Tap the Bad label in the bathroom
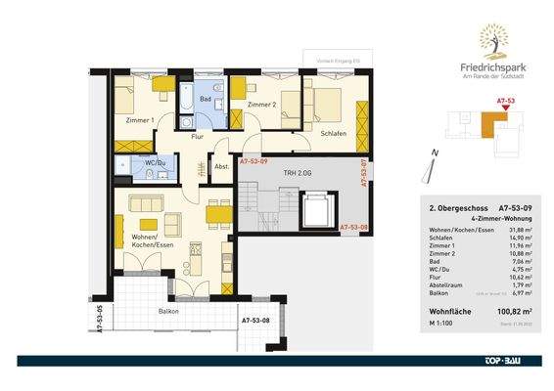coord(207,99)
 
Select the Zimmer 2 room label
coord(262,104)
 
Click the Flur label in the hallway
coord(197,138)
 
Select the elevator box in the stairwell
coord(316,208)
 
